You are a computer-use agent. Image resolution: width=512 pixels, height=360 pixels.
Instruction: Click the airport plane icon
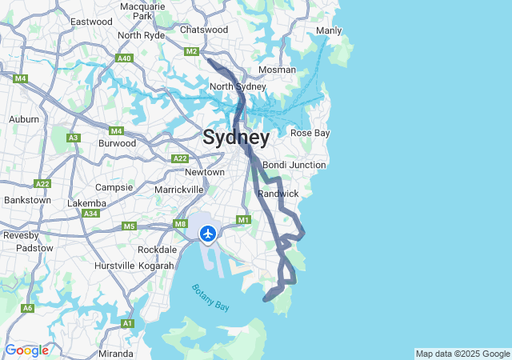pyautogui.click(x=208, y=234)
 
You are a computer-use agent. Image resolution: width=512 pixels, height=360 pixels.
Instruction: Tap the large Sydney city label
pyautogui.click(x=236, y=137)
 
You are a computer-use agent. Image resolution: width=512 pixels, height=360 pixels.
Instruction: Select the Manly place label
pyautogui.click(x=329, y=30)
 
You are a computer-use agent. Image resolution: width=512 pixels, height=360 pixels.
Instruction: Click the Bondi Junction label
pyautogui.click(x=294, y=165)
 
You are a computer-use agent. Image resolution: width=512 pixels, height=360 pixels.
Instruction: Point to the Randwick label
pyautogui.click(x=278, y=194)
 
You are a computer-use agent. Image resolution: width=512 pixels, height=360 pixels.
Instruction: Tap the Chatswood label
pyautogui.click(x=204, y=30)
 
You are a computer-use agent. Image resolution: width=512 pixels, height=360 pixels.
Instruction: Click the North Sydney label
pyautogui.click(x=238, y=86)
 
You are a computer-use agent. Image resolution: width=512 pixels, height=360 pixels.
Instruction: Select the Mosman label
pyautogui.click(x=278, y=70)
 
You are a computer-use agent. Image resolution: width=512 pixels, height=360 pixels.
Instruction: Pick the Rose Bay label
pyautogui.click(x=310, y=133)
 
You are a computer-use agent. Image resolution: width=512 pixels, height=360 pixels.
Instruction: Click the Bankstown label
pyautogui.click(x=27, y=200)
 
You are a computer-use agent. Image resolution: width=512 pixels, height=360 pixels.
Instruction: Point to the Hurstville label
pyautogui.click(x=114, y=265)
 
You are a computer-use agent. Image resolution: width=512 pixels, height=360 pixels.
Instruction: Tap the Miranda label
pyautogui.click(x=116, y=354)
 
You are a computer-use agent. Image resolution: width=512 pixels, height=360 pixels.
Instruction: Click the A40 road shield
pyautogui.click(x=124, y=58)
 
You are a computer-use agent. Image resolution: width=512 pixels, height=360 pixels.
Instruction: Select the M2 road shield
pyautogui.click(x=191, y=52)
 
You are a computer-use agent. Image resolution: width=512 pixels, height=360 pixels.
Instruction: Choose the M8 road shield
pyautogui.click(x=180, y=225)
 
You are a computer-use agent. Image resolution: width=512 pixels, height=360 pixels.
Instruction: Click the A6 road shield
pyautogui.click(x=28, y=308)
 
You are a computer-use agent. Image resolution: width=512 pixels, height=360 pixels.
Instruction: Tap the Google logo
pyautogui.click(x=26, y=350)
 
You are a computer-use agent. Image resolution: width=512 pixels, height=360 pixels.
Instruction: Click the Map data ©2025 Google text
pyautogui.click(x=462, y=354)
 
